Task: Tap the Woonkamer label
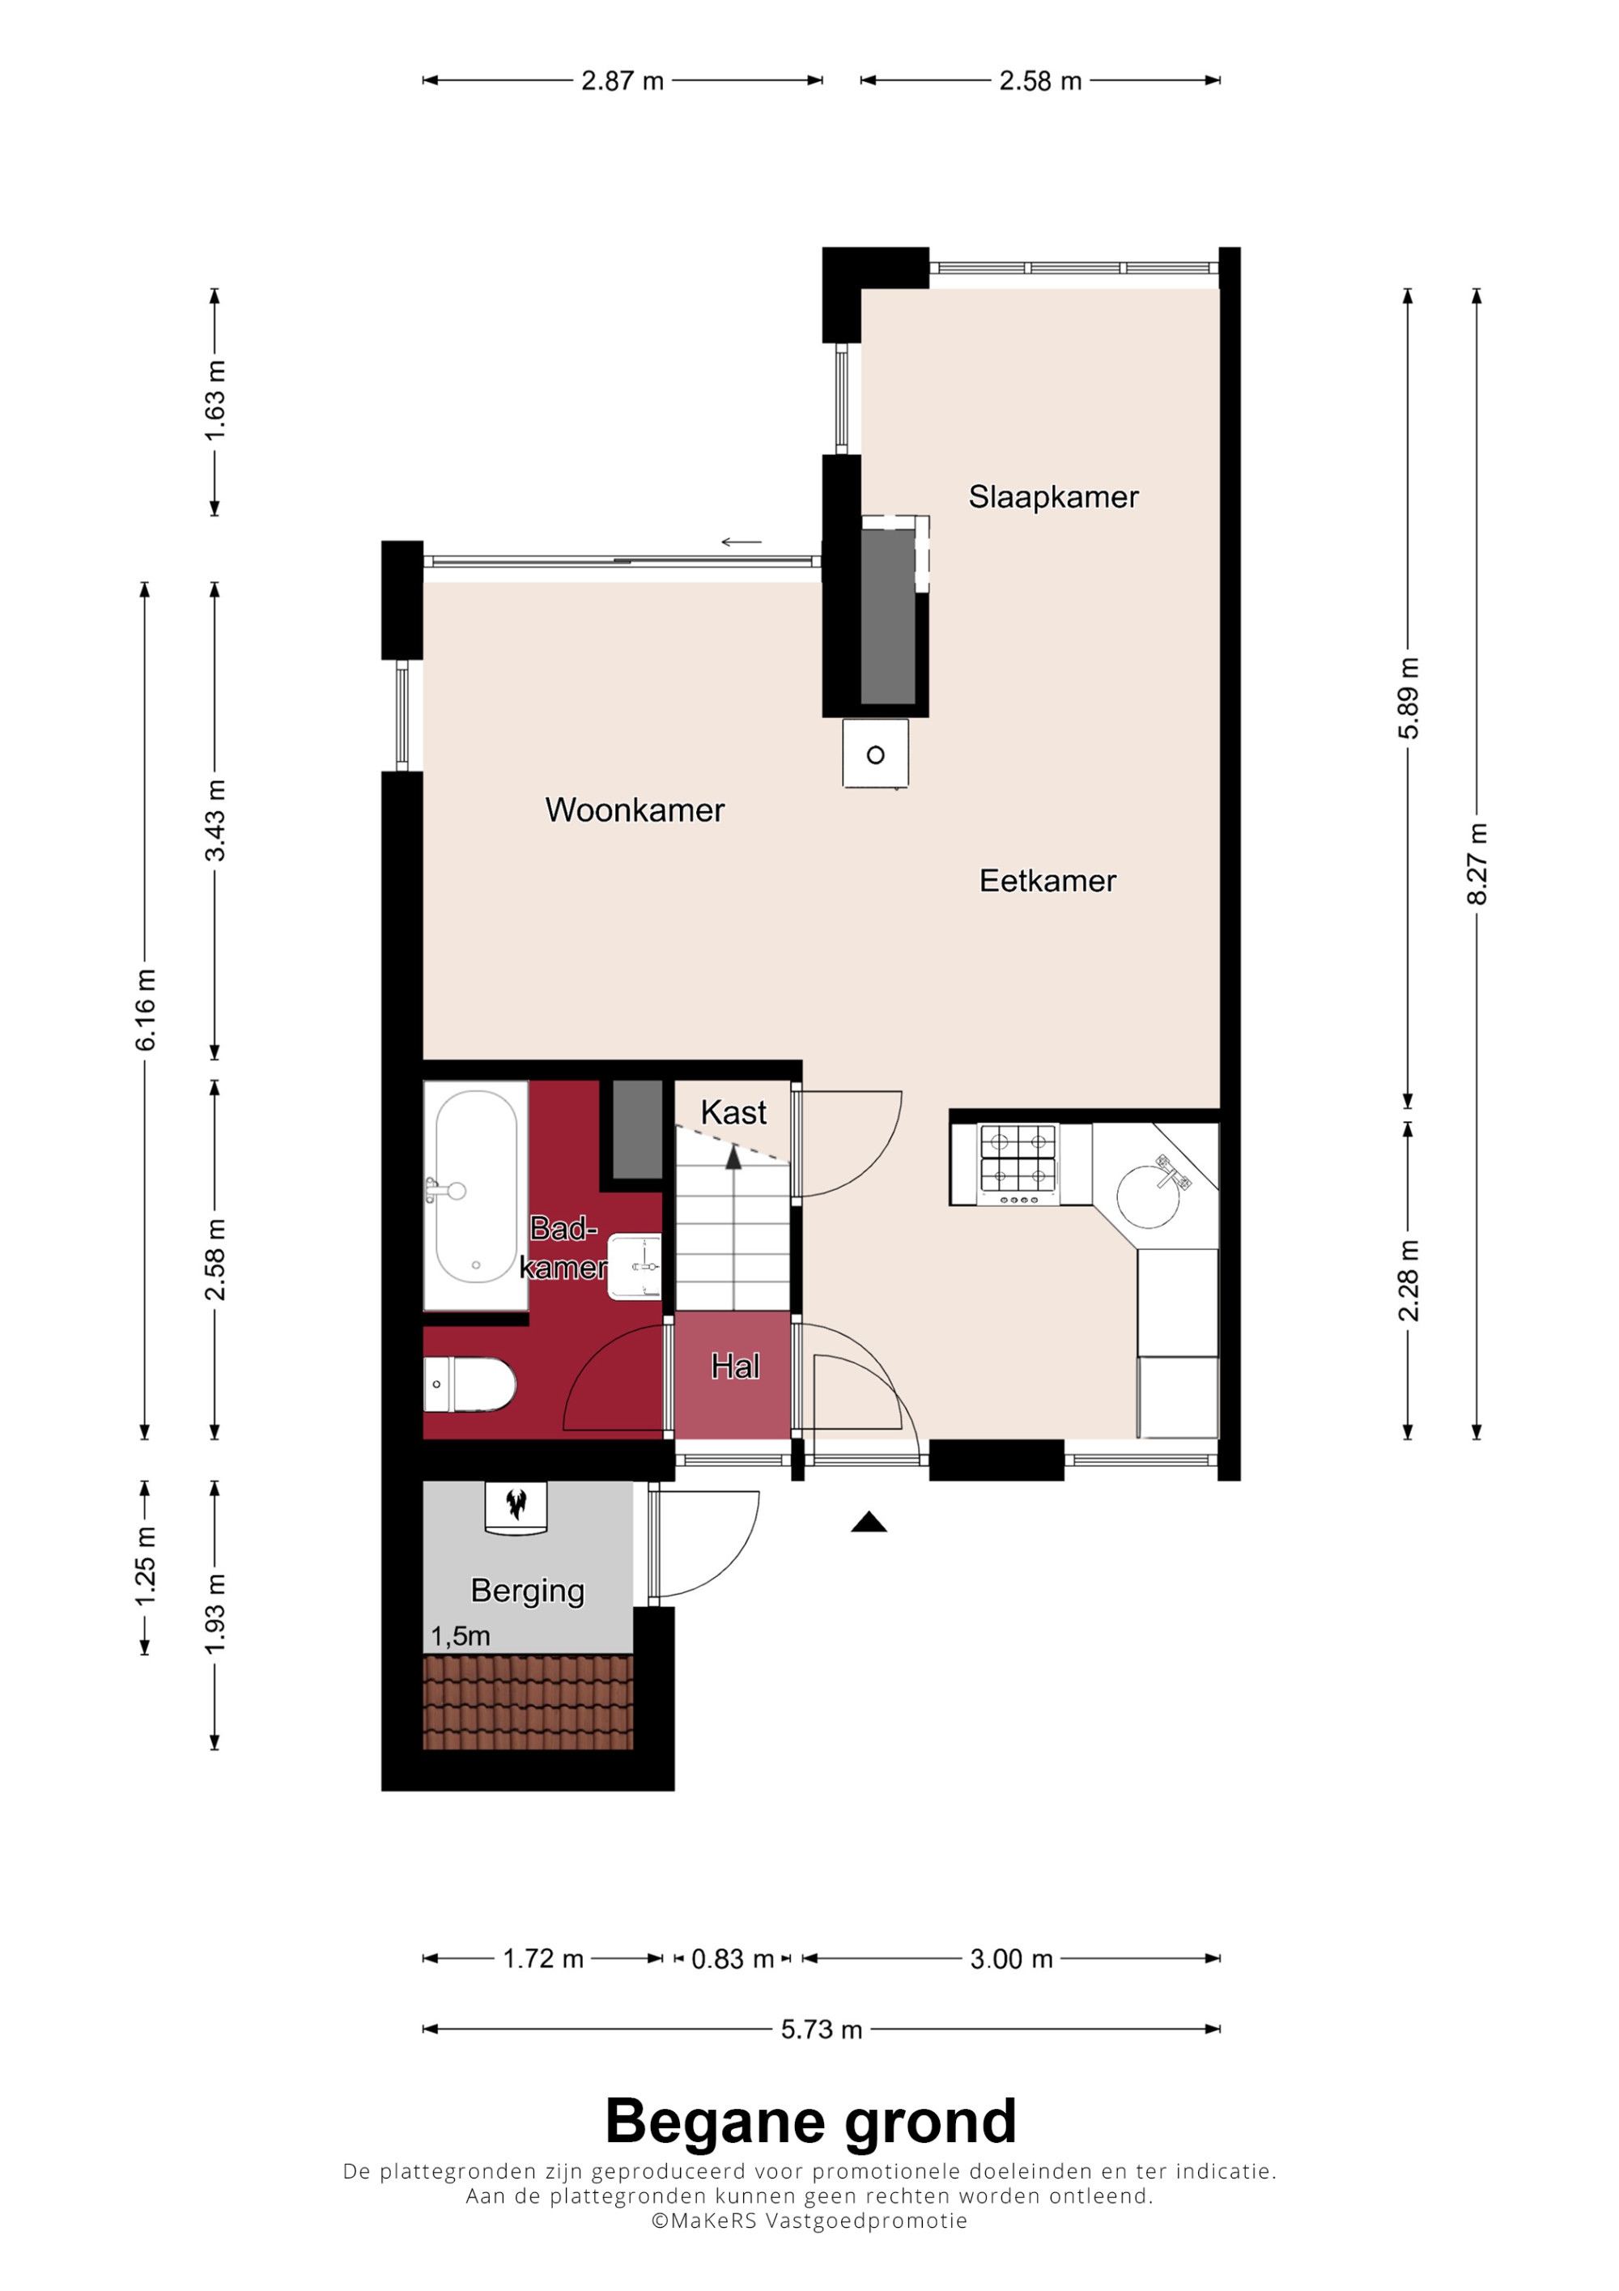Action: pyautogui.click(x=635, y=810)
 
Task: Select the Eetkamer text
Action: pyautogui.click(x=1047, y=881)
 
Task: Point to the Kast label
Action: pyautogui.click(x=733, y=1112)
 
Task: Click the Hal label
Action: pyautogui.click(x=735, y=1366)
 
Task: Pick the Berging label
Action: pyautogui.click(x=527, y=1591)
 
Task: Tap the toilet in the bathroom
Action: pyautogui.click(x=470, y=1384)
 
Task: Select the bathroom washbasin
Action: pyautogui.click(x=635, y=1267)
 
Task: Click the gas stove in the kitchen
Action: pyautogui.click(x=1018, y=1164)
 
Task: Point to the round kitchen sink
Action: pyautogui.click(x=1148, y=1197)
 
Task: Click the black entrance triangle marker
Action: pyautogui.click(x=869, y=1522)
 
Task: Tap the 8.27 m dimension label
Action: pyautogui.click(x=1477, y=864)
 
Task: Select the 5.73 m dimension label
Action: pyautogui.click(x=821, y=2030)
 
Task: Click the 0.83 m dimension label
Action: pyautogui.click(x=732, y=1959)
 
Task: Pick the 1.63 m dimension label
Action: pyautogui.click(x=215, y=400)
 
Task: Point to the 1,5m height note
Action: pyautogui.click(x=460, y=1636)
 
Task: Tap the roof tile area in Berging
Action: pyautogui.click(x=528, y=1702)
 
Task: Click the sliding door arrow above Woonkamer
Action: pyautogui.click(x=742, y=542)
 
